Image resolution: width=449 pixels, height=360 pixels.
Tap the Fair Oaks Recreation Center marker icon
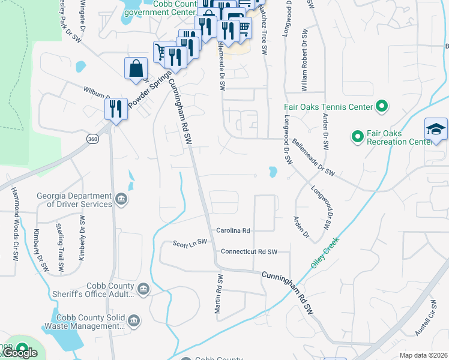tap(358, 137)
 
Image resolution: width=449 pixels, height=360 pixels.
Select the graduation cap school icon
tap(436, 130)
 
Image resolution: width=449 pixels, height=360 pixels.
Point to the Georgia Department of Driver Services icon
tap(121, 200)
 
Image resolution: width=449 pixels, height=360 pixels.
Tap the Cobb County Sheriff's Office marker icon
tap(143, 290)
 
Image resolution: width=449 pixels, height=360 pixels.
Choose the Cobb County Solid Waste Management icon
tap(134, 322)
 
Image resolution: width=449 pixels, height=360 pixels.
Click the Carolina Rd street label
tap(233, 230)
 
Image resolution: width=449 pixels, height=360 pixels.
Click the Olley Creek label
tap(325, 253)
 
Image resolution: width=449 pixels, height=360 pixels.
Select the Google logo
tap(20, 353)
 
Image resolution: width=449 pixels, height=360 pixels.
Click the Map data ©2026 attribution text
tap(423, 355)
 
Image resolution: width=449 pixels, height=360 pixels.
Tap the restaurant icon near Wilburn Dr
tap(116, 109)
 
